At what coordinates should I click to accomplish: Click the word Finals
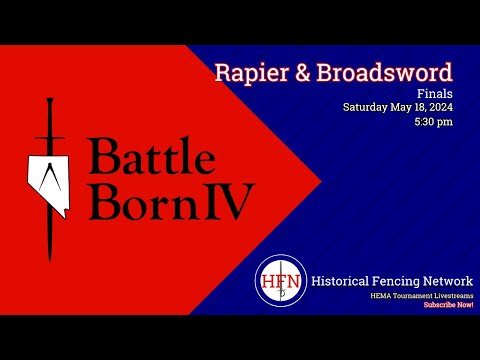(438, 91)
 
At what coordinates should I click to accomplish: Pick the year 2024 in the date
(439, 106)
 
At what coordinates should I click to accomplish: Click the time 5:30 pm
(433, 121)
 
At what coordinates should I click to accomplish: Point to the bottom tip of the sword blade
(49, 259)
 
